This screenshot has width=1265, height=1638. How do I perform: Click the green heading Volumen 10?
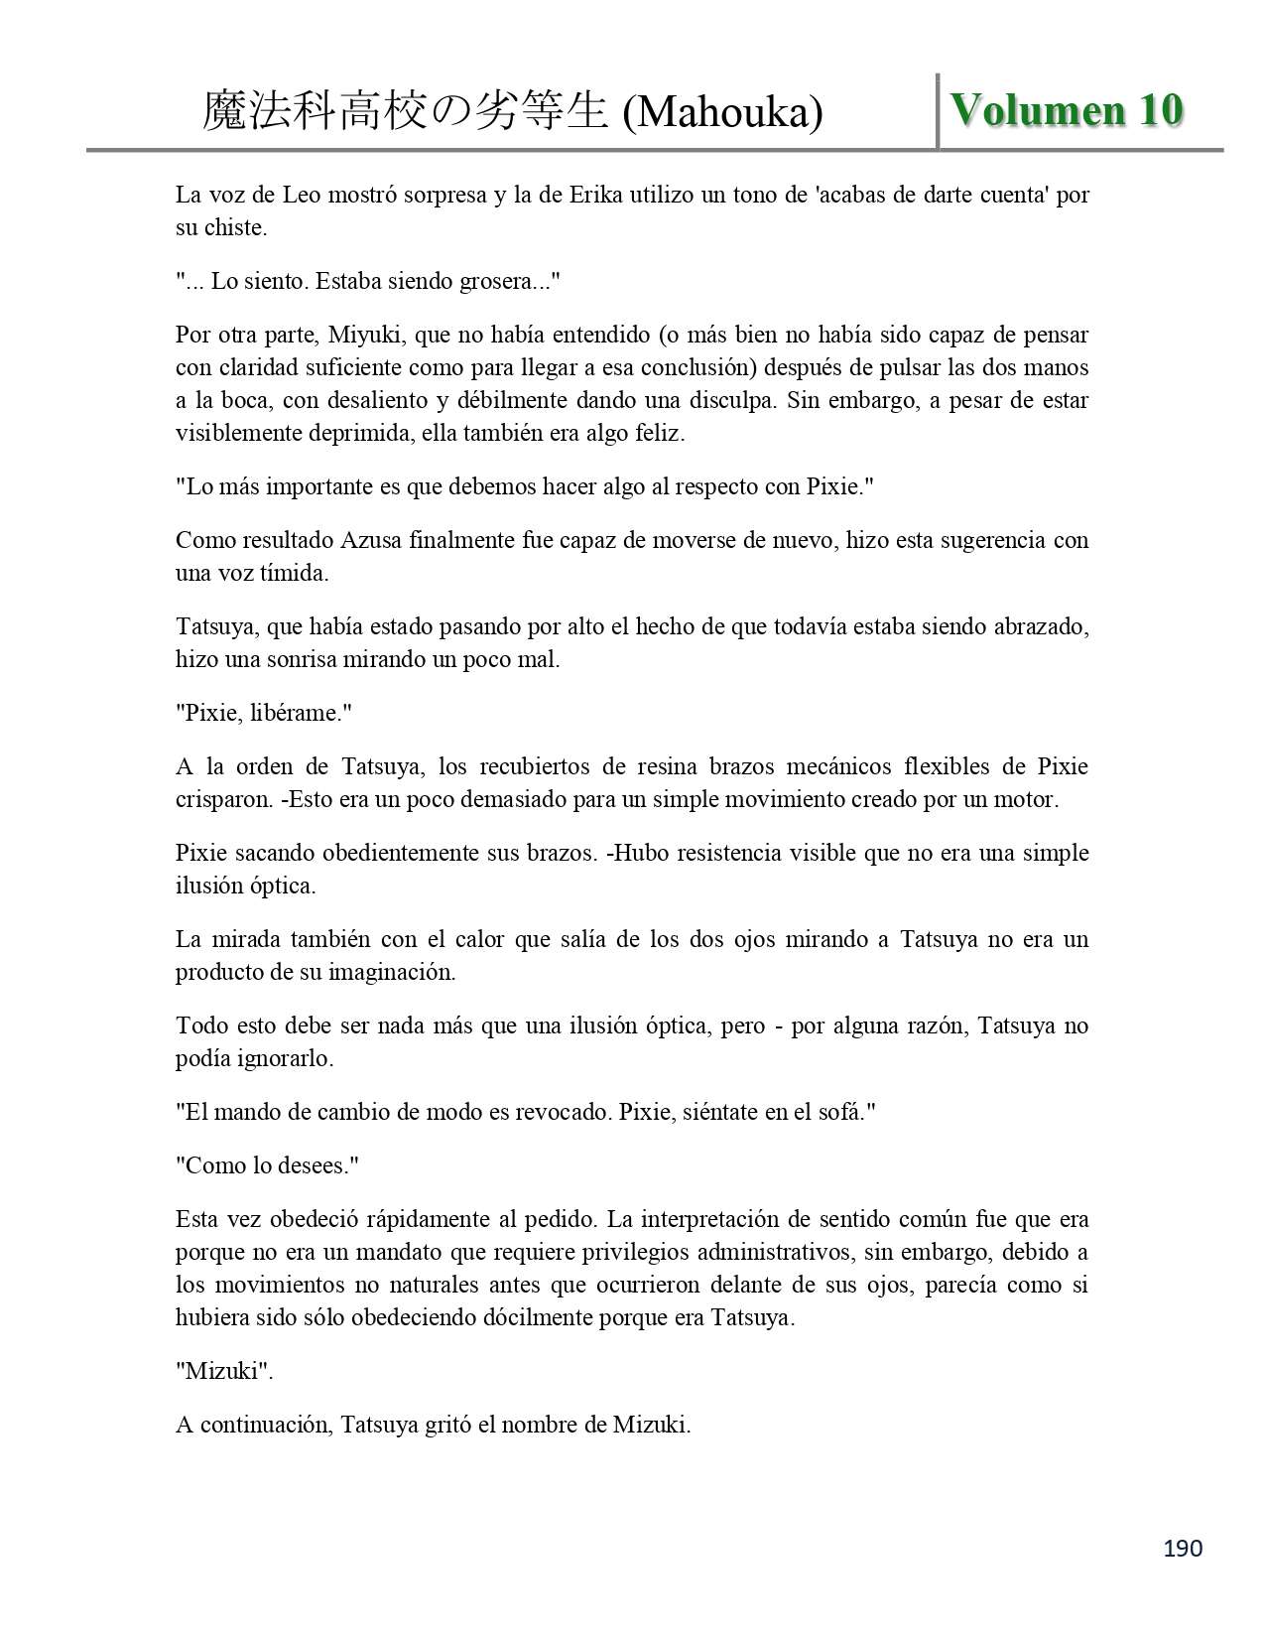pos(1067,109)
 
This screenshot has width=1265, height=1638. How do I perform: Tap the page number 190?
pos(1182,1548)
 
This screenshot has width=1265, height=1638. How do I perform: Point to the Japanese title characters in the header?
pos(404,111)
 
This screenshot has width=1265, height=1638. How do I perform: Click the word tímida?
pos(294,573)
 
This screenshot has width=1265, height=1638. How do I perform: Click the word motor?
pos(1028,799)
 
